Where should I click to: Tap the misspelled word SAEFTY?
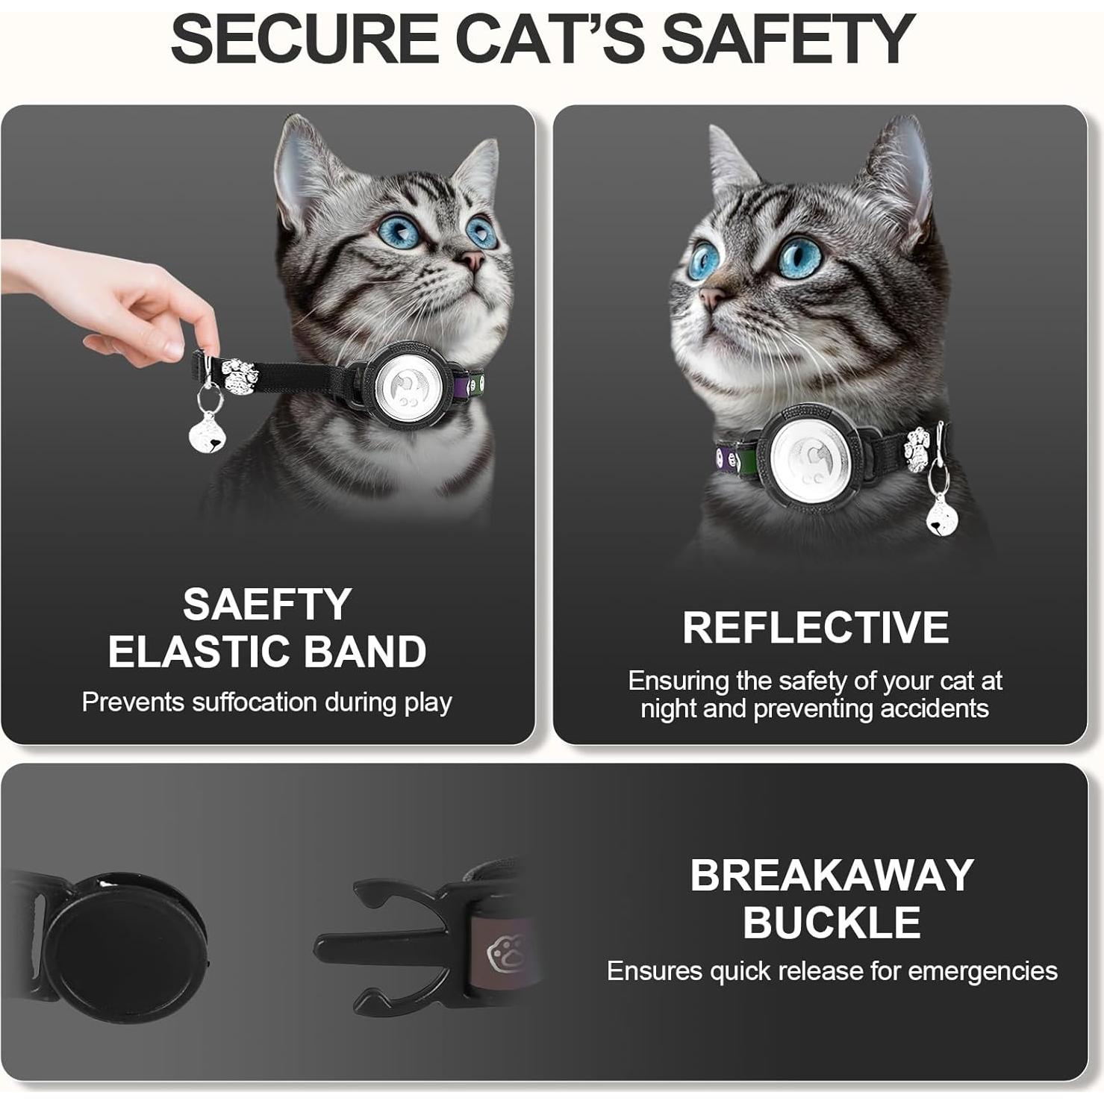point(267,604)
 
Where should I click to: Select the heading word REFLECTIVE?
point(815,627)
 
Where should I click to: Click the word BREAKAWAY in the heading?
point(832,875)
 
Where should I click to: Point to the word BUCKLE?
point(832,923)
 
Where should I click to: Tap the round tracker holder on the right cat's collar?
point(808,455)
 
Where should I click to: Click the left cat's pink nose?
point(472,261)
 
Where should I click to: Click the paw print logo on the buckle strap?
point(501,953)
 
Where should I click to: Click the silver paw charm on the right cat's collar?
point(916,448)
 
